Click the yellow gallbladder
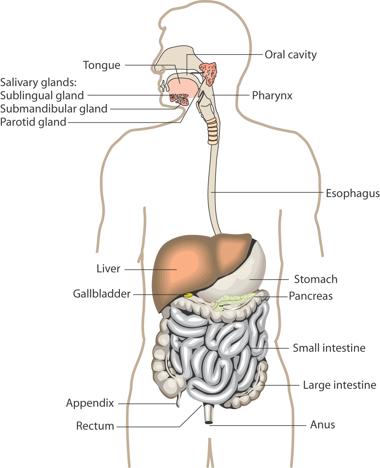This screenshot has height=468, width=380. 188,295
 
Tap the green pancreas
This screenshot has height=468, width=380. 231,302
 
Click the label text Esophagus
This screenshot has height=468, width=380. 353,194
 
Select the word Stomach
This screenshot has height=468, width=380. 316,279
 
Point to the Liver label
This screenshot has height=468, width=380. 108,269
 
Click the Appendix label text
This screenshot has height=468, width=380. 90,403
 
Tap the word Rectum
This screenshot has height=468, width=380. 95,426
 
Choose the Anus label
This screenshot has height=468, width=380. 322,425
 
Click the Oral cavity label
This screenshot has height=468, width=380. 291,55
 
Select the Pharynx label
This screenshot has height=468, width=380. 272,95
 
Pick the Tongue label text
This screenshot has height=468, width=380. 102,65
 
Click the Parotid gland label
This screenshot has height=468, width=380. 33,122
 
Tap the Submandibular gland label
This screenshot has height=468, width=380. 54,109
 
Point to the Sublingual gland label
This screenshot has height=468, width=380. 42,95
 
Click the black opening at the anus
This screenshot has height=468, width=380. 209,422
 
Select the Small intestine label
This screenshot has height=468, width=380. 329,348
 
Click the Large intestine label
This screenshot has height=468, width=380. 340,385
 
